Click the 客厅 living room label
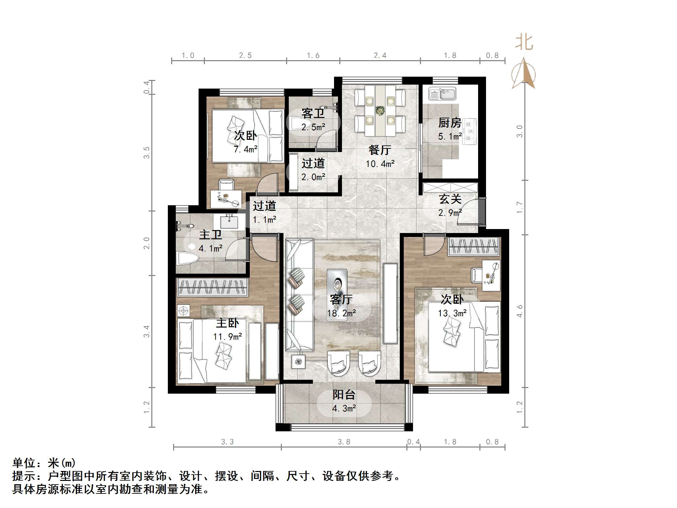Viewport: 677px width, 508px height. point(341,299)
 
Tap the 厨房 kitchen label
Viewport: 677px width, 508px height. point(450,123)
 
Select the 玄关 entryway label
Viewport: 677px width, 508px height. point(450,199)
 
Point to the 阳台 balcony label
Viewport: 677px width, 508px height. point(344,395)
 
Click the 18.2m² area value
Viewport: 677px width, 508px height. point(341,313)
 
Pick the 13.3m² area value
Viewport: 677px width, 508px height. point(452,313)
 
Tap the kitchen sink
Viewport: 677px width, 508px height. point(442,94)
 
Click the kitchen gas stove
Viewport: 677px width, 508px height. point(469,132)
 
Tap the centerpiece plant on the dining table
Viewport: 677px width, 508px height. point(380,110)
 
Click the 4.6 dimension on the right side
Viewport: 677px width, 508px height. point(520,311)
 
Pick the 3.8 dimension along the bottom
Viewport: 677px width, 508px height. point(344,442)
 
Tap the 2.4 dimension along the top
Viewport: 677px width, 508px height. point(380,56)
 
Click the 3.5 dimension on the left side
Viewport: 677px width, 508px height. point(147,153)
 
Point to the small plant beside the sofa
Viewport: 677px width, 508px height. point(299,362)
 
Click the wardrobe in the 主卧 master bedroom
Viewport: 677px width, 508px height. point(212,287)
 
